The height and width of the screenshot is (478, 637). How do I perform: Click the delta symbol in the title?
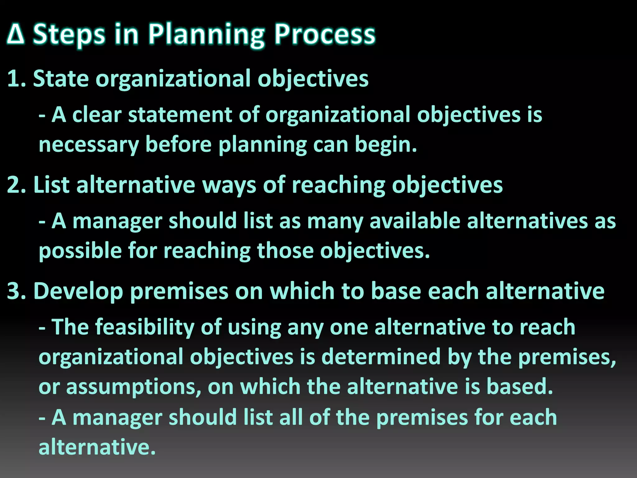click(16, 35)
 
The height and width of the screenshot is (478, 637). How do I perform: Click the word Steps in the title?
click(69, 35)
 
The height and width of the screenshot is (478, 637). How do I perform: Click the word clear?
click(97, 115)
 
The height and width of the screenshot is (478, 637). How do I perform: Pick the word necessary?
click(89, 145)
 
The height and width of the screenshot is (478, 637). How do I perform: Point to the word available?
click(415, 221)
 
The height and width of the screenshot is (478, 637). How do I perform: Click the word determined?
click(381, 357)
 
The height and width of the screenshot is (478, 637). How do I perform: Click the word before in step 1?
click(179, 145)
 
